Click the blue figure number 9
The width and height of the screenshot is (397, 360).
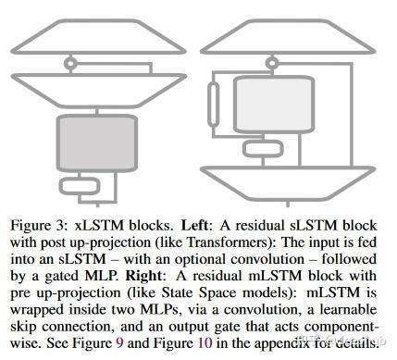pyautogui.click(x=125, y=340)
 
